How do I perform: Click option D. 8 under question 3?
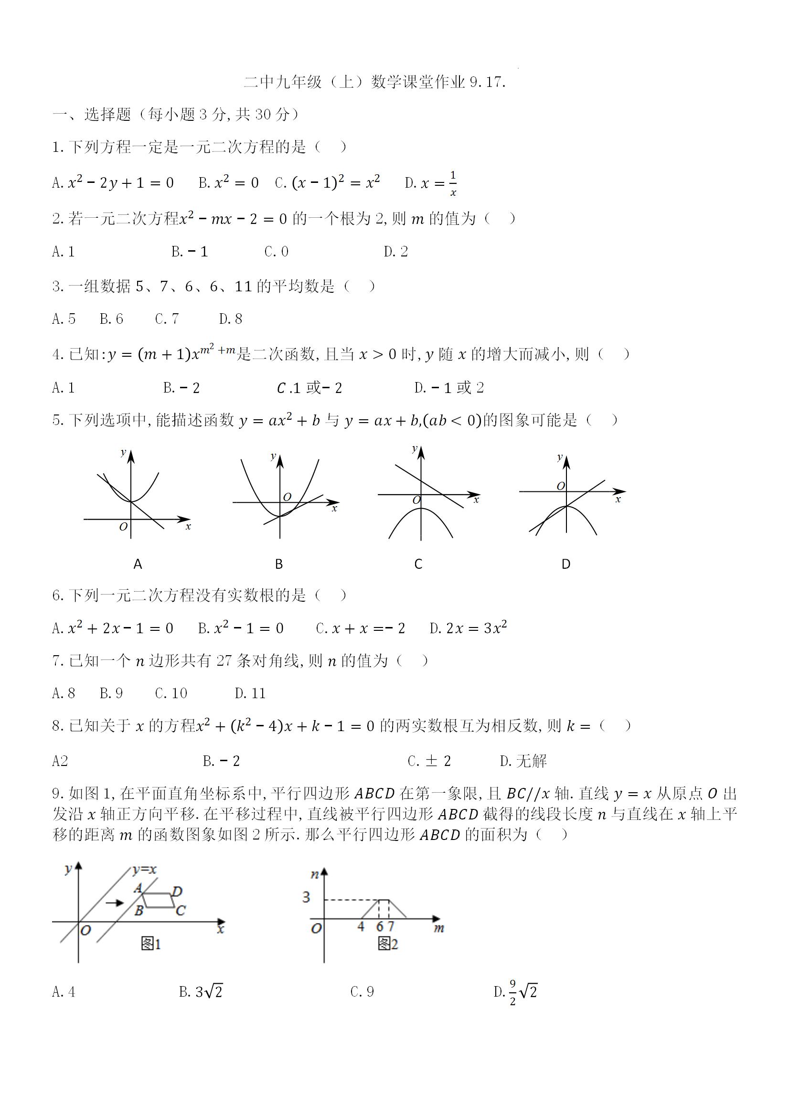tap(230, 319)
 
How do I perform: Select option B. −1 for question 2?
tap(190, 252)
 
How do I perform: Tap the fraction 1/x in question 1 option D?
tap(453, 183)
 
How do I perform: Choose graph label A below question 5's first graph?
tap(138, 564)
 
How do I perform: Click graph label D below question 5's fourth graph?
tap(566, 564)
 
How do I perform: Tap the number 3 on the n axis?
tap(306, 897)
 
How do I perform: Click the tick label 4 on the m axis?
tap(361, 926)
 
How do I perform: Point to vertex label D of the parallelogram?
tap(177, 891)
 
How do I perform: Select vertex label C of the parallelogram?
tap(181, 910)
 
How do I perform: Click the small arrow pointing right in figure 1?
tap(115, 903)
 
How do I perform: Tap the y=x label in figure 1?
tap(144, 870)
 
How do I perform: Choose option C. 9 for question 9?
tap(362, 991)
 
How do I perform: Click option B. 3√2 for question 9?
tap(201, 991)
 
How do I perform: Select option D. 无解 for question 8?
tap(523, 761)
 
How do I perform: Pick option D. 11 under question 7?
tap(250, 693)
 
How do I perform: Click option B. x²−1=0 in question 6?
tap(241, 628)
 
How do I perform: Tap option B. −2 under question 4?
tap(181, 388)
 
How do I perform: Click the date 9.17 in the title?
tap(488, 82)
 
